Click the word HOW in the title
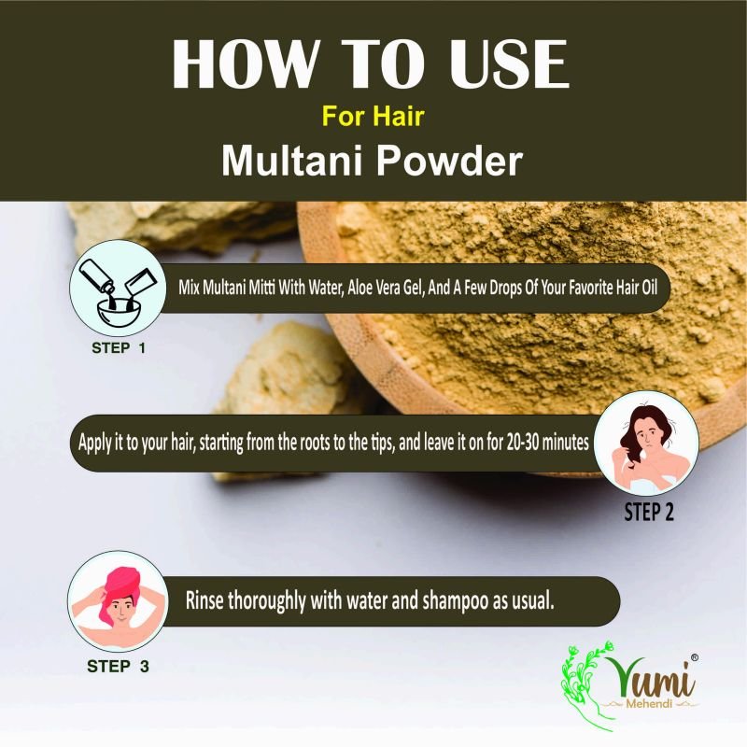pyautogui.click(x=245, y=64)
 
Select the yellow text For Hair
pyautogui.click(x=373, y=116)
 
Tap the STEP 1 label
pyautogui.click(x=119, y=347)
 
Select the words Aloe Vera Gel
pyautogui.click(x=385, y=288)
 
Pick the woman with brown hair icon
pyautogui.click(x=646, y=443)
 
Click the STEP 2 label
pyautogui.click(x=649, y=512)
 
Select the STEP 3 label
pyautogui.click(x=118, y=666)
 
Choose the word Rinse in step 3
pyautogui.click(x=204, y=600)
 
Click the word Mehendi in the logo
pyautogui.click(x=649, y=703)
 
